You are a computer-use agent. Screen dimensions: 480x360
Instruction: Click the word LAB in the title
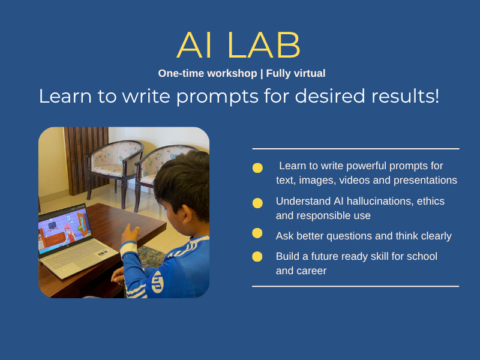click(x=263, y=45)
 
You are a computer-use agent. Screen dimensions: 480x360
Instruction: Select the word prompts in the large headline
click(x=217, y=97)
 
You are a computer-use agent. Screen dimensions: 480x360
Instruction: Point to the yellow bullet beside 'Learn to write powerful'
click(x=257, y=168)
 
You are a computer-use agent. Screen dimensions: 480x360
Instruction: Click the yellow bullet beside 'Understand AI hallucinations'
click(x=257, y=203)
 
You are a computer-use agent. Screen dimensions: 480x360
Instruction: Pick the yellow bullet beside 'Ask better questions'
click(x=257, y=233)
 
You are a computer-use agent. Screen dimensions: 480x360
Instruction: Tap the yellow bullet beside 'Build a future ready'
click(x=257, y=257)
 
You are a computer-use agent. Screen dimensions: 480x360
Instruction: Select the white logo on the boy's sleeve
click(x=157, y=281)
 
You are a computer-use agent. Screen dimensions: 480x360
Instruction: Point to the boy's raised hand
click(x=130, y=234)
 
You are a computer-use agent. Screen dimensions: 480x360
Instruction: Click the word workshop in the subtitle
click(x=232, y=73)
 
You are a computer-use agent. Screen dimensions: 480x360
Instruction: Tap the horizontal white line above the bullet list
click(x=356, y=149)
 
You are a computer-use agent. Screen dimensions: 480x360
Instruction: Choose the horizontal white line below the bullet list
click(x=355, y=287)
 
